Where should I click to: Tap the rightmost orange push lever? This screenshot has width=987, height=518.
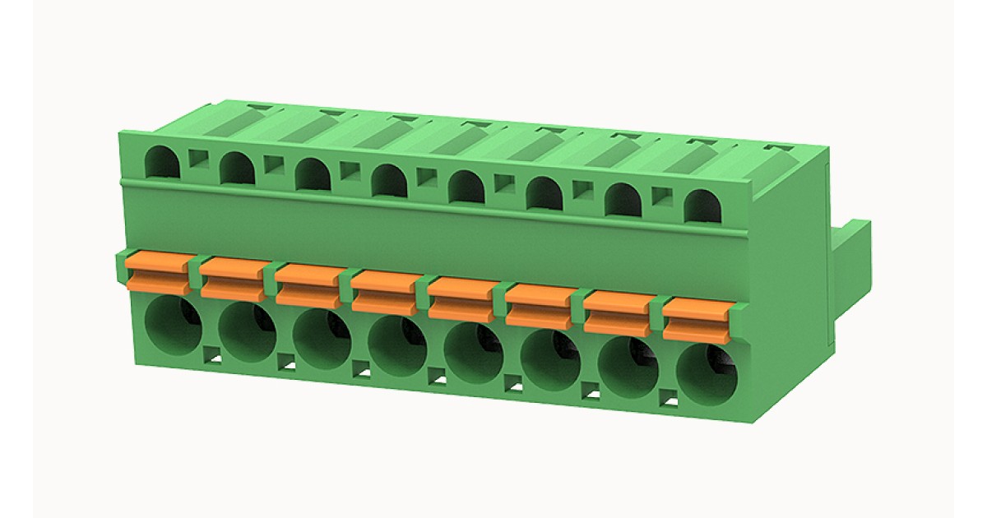697,319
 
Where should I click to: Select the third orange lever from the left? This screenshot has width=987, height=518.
308,284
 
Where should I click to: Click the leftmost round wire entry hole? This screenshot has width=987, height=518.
172,326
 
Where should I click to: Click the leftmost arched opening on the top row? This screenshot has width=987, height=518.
162,162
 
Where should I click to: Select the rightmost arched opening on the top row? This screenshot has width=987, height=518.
702,206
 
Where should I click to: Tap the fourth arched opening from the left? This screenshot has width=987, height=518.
389,180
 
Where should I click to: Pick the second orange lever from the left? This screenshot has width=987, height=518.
234,277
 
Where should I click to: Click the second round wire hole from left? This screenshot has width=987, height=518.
247,332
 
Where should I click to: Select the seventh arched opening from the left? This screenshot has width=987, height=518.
623,200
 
